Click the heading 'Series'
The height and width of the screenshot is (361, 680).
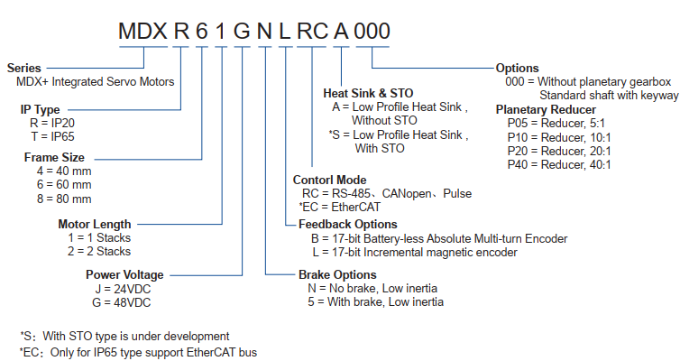click(x=23, y=68)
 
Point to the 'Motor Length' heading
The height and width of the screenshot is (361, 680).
click(x=94, y=224)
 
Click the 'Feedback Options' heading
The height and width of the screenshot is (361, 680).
click(x=349, y=224)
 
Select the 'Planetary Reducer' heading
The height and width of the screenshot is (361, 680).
click(x=547, y=109)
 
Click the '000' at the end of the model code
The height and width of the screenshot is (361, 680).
click(x=372, y=29)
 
